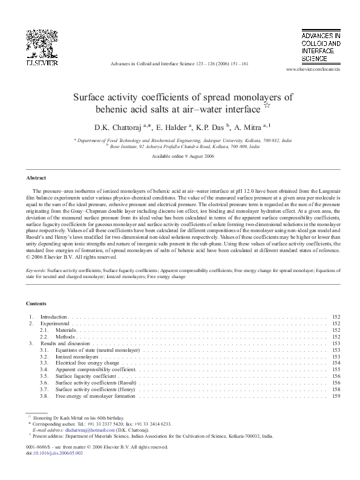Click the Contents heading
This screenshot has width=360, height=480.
click(x=36, y=303)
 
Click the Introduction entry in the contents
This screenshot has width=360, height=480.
click(x=54, y=317)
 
